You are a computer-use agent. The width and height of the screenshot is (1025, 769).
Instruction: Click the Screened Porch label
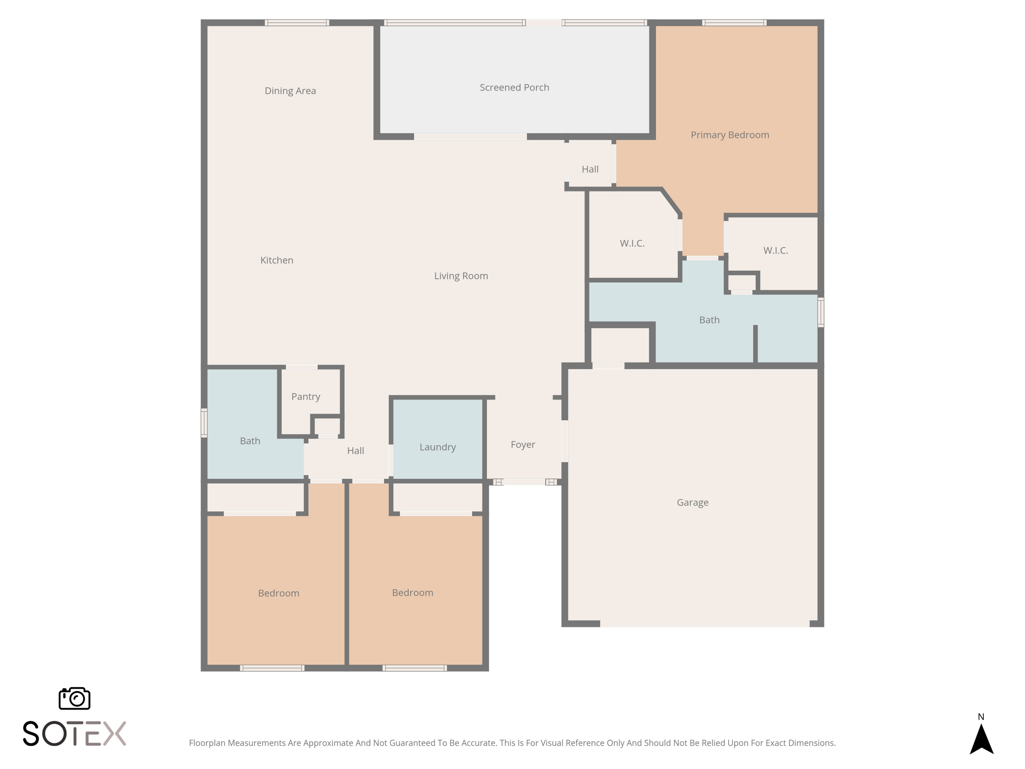(x=514, y=87)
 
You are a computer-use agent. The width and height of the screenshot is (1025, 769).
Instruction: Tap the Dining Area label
(x=290, y=91)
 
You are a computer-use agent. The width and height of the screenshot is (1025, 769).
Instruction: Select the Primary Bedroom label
(x=730, y=135)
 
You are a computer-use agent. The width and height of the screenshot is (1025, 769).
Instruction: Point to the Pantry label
(x=306, y=397)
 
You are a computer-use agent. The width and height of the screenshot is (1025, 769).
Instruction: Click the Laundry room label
(x=437, y=447)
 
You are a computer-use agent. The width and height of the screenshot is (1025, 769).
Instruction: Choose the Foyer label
(x=523, y=445)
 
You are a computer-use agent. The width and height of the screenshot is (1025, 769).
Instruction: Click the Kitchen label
(x=277, y=260)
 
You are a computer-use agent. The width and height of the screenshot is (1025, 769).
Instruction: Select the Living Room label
(x=461, y=276)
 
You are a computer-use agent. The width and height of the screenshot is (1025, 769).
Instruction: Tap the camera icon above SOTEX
(x=74, y=698)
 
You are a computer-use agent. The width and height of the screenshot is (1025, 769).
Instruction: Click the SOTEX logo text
(x=74, y=733)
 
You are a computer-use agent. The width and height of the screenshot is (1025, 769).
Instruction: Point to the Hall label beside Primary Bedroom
(x=590, y=170)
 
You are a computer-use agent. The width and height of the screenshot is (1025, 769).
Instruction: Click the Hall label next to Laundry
(x=355, y=450)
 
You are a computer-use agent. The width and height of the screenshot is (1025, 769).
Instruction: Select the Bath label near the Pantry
(x=250, y=441)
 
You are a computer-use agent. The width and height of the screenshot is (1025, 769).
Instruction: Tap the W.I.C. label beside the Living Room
(x=632, y=243)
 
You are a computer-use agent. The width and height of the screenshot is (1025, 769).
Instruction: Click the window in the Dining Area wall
(x=297, y=22)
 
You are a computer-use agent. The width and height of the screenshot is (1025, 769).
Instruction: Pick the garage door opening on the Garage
(x=705, y=624)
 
